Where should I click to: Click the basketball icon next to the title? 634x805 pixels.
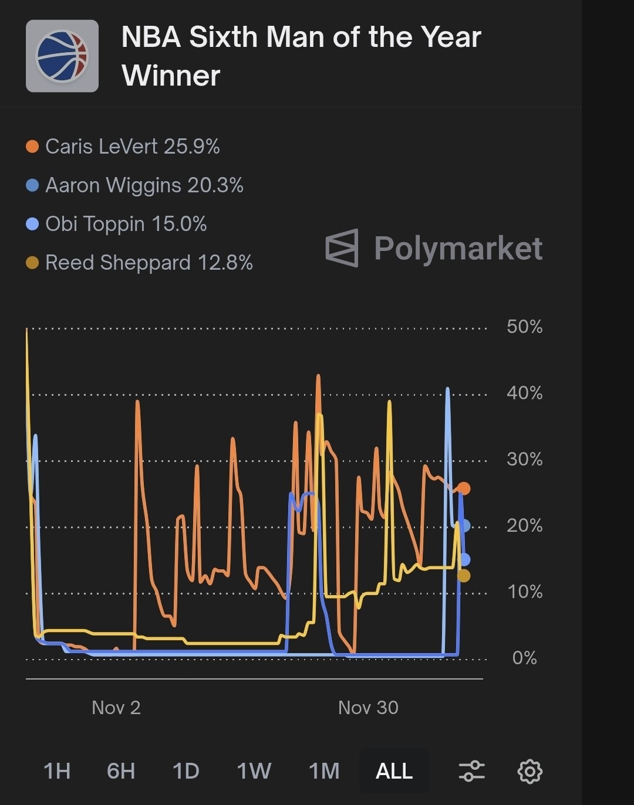click(x=62, y=56)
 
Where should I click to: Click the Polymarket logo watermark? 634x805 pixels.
click(x=434, y=248)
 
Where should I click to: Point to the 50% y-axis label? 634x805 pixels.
click(x=524, y=327)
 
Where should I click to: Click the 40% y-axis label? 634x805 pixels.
click(x=524, y=393)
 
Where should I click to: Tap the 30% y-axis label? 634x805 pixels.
click(x=524, y=459)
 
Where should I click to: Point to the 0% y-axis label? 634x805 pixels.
click(x=524, y=658)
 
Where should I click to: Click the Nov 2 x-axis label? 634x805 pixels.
click(x=116, y=708)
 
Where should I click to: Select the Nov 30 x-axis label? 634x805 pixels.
click(x=368, y=708)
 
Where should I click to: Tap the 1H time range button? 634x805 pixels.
click(x=57, y=771)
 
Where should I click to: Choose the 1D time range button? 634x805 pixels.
click(x=186, y=771)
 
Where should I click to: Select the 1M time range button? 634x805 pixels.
click(x=324, y=771)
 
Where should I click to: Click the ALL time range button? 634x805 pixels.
click(x=394, y=771)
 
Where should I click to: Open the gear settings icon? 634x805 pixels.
click(x=530, y=771)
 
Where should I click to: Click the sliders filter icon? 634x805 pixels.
click(x=471, y=771)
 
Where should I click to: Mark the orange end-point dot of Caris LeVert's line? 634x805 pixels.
click(x=464, y=488)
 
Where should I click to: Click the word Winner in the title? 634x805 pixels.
click(x=171, y=76)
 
